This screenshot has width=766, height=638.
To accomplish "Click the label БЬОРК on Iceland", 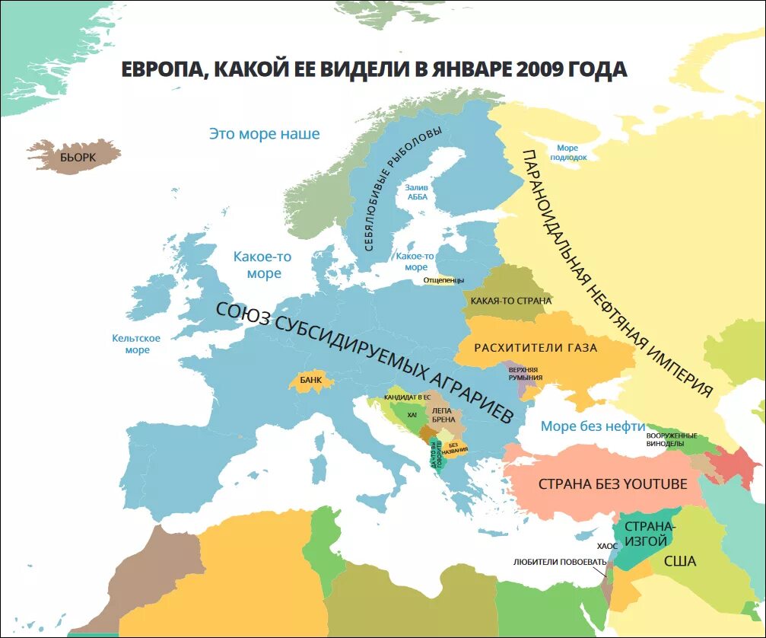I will point(78,158).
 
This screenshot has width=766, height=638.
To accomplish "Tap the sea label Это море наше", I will point(264,134).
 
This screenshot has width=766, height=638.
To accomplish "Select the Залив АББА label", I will point(416,191).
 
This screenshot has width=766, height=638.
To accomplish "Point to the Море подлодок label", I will point(567,152).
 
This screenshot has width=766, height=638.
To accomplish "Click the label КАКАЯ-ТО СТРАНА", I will point(510,301).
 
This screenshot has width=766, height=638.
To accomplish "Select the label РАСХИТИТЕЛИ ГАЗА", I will point(536,348).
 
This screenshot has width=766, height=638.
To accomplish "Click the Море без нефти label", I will point(593,426).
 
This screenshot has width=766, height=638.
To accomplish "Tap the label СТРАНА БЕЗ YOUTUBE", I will point(612,483).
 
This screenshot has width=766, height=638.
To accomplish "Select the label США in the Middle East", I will point(679,561).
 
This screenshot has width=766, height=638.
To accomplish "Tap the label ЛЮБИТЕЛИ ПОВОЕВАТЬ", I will point(560,562).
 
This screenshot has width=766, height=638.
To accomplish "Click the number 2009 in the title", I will point(541,69).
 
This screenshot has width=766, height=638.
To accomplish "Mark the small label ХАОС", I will point(607,546).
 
